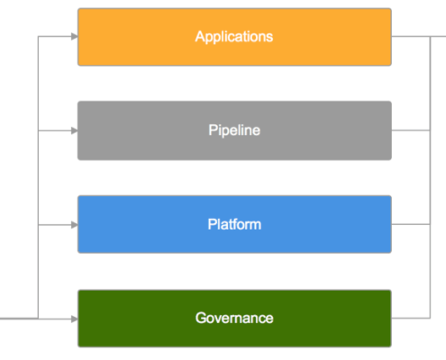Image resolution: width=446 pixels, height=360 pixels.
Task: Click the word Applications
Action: [234, 37]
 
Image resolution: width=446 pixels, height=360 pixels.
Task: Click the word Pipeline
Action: [234, 130]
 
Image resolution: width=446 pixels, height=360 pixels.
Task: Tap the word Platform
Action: [234, 224]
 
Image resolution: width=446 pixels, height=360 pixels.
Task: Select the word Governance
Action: [234, 318]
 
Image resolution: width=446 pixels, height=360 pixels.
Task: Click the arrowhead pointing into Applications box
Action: [75, 37]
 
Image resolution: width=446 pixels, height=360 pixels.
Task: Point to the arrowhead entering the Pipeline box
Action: [75, 130]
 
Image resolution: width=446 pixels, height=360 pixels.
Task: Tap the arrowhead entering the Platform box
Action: [75, 225]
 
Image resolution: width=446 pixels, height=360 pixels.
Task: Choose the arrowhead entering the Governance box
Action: [75, 319]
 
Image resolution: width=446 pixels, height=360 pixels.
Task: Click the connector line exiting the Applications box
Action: [419, 37]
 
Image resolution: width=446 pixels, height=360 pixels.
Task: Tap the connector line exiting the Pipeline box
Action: [411, 130]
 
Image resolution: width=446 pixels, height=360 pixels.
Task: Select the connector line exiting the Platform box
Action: [411, 224]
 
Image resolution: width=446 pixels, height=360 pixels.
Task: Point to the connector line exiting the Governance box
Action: [411, 318]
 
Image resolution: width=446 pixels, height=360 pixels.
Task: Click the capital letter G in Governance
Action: [201, 318]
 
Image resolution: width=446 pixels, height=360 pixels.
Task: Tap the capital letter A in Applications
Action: [201, 37]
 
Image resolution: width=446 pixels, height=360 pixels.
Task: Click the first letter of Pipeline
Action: [214, 130]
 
